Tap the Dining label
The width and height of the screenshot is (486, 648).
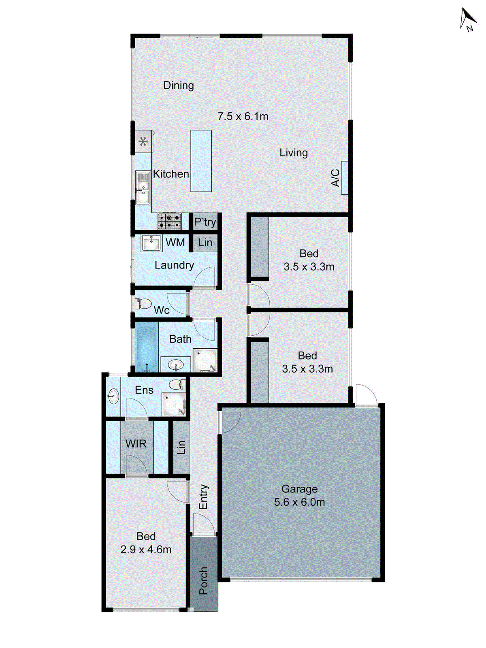click(179, 85)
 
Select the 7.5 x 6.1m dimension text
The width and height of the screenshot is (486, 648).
click(243, 117)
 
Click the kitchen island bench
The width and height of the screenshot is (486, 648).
click(201, 160)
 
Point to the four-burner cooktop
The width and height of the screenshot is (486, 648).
click(169, 222)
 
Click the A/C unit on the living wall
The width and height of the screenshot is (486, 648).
click(344, 178)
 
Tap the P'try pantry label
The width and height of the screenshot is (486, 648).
click(205, 222)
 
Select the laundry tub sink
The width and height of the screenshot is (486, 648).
click(151, 243)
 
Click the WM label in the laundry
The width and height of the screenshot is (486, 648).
click(175, 243)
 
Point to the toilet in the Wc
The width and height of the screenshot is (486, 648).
click(143, 303)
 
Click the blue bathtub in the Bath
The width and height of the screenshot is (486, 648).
click(146, 347)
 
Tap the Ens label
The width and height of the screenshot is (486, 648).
click(144, 390)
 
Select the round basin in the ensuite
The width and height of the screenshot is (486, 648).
click(113, 396)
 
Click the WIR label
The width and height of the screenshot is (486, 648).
click(136, 444)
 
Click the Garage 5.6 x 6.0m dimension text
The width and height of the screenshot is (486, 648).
click(299, 502)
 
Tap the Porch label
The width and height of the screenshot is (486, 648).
click(203, 580)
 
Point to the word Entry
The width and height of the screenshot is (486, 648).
click(203, 497)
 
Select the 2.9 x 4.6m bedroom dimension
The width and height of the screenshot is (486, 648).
click(146, 550)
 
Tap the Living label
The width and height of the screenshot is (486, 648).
click(294, 153)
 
